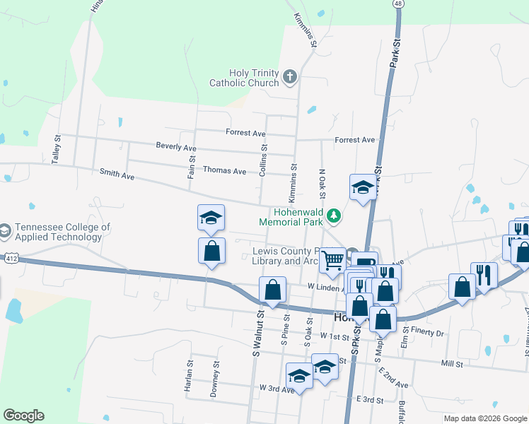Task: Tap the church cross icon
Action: point(289,76)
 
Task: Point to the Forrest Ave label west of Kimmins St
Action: point(245,133)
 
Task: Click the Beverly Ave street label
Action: point(176,146)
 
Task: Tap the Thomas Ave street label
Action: point(224,171)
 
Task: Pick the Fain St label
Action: point(191,167)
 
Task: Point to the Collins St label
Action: point(263,160)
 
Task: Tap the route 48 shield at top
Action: point(400,4)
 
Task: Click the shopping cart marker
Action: point(332,261)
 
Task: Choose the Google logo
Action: point(23,416)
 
